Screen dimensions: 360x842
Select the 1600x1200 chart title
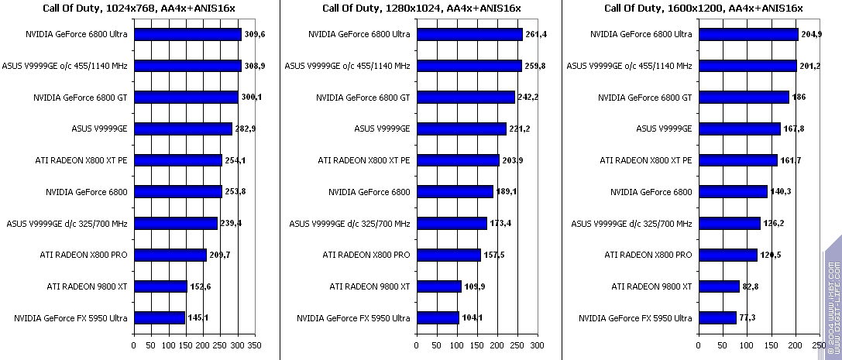[x=704, y=9]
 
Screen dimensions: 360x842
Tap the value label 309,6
[x=254, y=35]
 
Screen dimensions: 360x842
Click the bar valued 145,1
[x=160, y=317]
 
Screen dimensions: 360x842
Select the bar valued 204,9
[x=748, y=35]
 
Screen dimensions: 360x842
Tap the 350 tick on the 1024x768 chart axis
[x=254, y=345]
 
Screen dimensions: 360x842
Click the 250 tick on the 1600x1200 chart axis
[x=818, y=345]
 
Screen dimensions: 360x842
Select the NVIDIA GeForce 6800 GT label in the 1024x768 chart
[x=81, y=98]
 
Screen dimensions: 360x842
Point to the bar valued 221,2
[x=461, y=129]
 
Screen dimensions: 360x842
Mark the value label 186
[x=799, y=98]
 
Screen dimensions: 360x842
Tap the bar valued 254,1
[x=178, y=160]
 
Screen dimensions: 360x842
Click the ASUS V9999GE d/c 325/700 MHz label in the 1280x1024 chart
[x=349, y=224]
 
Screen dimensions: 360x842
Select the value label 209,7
[x=220, y=255]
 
